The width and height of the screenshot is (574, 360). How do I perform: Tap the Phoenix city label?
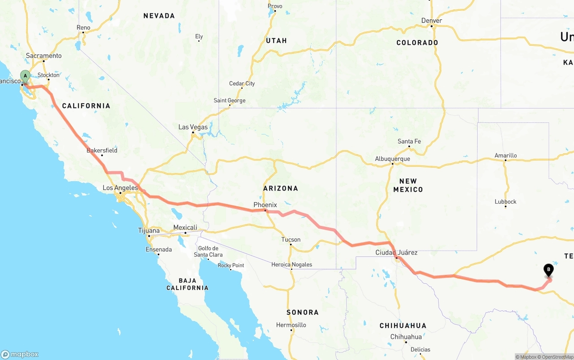[x=265, y=205]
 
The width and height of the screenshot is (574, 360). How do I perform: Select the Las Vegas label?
[x=193, y=127]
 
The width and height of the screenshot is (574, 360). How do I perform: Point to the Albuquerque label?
[x=392, y=159]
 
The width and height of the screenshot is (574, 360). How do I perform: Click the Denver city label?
[x=431, y=21]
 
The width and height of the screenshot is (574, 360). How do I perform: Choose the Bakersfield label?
[x=102, y=150]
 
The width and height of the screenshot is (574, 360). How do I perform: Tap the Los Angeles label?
[x=120, y=188]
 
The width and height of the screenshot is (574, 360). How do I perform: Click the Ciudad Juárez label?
[x=396, y=252]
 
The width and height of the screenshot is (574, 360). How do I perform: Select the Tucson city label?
[x=291, y=239]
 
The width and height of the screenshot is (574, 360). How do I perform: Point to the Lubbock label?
[x=505, y=201]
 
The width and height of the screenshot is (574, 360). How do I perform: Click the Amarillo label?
[x=505, y=156]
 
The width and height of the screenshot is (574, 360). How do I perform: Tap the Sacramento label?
[x=43, y=56]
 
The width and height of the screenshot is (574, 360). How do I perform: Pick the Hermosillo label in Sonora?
[x=291, y=325]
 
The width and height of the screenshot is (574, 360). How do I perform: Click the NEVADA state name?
[x=159, y=16]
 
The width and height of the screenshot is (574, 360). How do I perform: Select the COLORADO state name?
[x=417, y=43]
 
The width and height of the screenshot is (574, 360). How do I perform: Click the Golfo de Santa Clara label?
[x=208, y=252]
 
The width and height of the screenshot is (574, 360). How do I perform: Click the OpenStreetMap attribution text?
[x=557, y=357]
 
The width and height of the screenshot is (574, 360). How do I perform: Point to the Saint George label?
[x=229, y=100]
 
